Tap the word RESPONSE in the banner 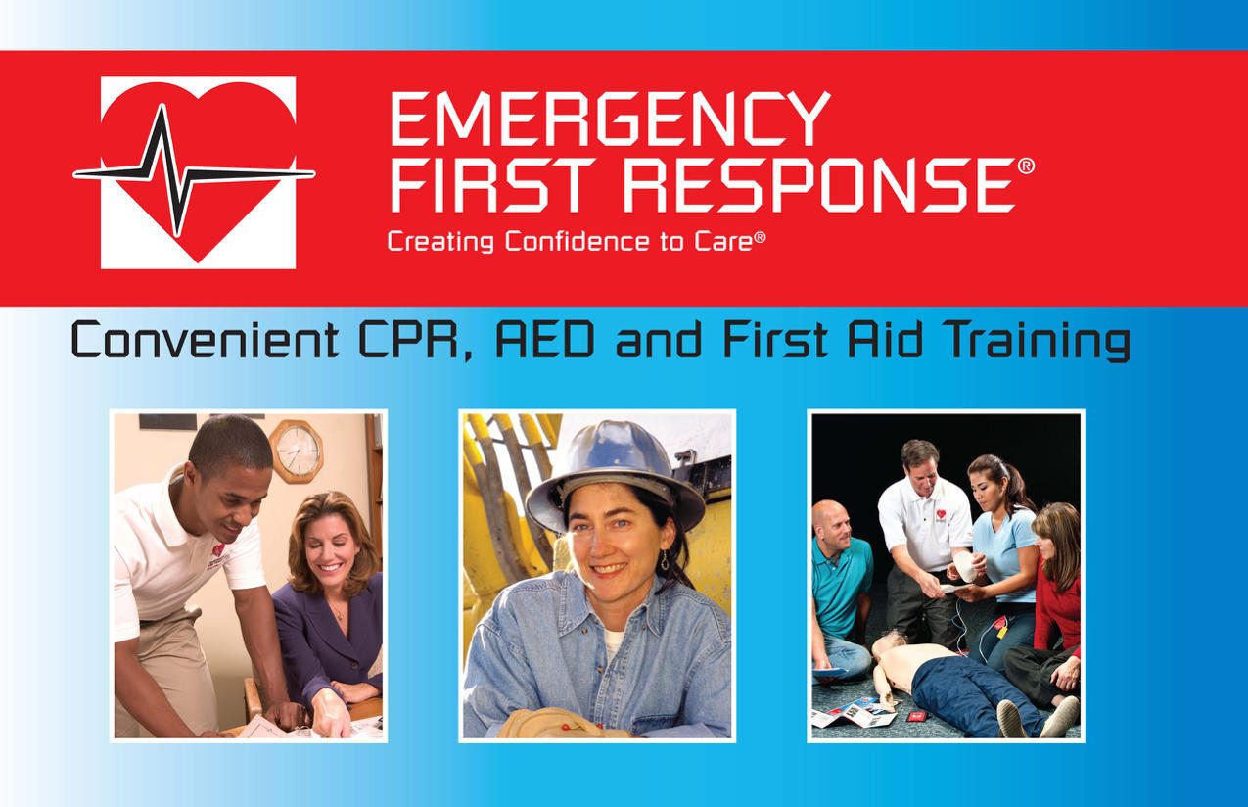click(x=818, y=185)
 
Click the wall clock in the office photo click(x=296, y=450)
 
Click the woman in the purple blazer click(x=329, y=603)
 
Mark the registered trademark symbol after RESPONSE click(x=1026, y=166)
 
